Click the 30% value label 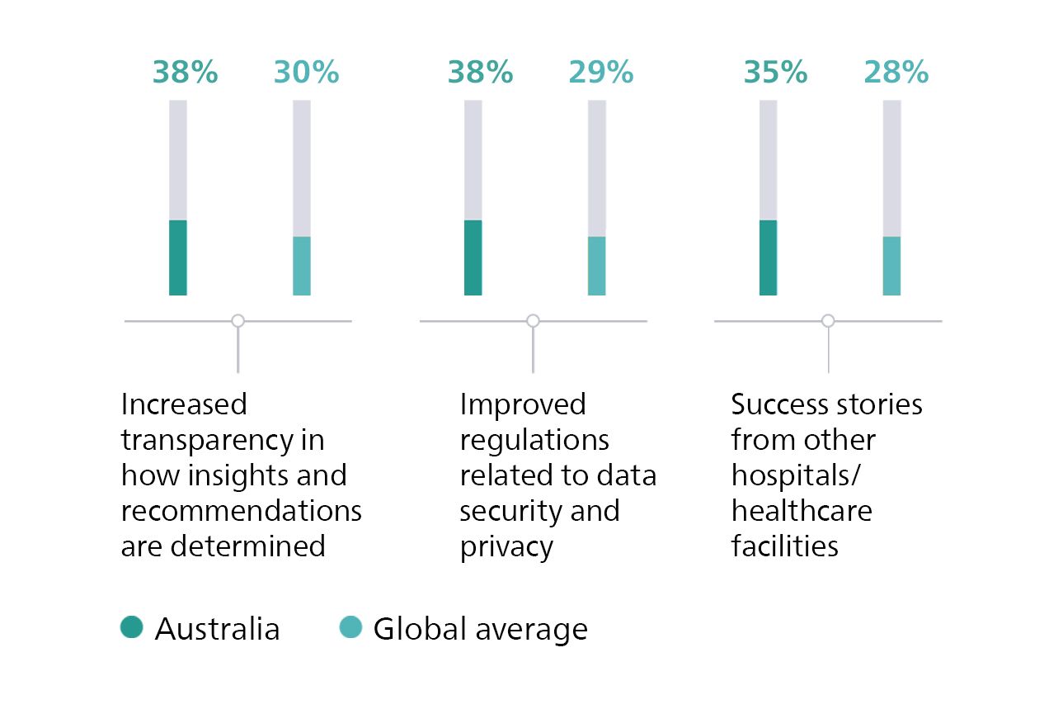pyautogui.click(x=306, y=73)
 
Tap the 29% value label pyautogui.click(x=600, y=73)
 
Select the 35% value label pyautogui.click(x=775, y=73)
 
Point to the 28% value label pyautogui.click(x=896, y=73)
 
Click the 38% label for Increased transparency pyautogui.click(x=185, y=73)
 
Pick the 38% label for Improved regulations pyautogui.click(x=480, y=73)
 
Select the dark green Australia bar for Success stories pyautogui.click(x=768, y=258)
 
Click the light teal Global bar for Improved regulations pyautogui.click(x=596, y=266)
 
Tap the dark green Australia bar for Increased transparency pyautogui.click(x=178, y=258)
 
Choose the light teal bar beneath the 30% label pyautogui.click(x=302, y=266)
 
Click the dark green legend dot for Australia pyautogui.click(x=131, y=628)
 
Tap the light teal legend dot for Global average pyautogui.click(x=350, y=628)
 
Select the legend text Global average pyautogui.click(x=480, y=629)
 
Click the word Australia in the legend pyautogui.click(x=218, y=629)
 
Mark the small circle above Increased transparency pyautogui.click(x=238, y=320)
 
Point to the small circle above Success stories pyautogui.click(x=828, y=320)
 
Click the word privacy pyautogui.click(x=506, y=547)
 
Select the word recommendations pyautogui.click(x=242, y=511)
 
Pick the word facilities pyautogui.click(x=784, y=546)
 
